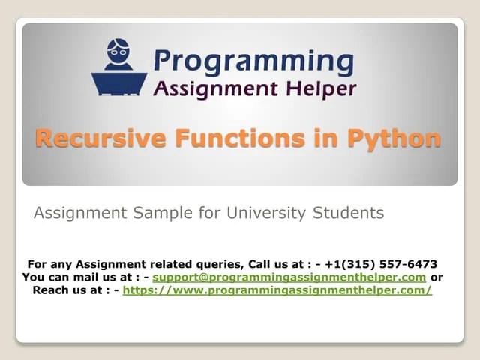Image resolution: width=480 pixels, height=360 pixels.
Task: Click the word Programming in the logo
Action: pyautogui.click(x=254, y=59)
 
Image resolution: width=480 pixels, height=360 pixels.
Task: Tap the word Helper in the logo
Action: pyautogui.click(x=322, y=88)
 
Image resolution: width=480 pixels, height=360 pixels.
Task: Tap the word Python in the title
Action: pyautogui.click(x=393, y=139)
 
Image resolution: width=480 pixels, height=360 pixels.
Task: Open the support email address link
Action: pyautogui.click(x=289, y=277)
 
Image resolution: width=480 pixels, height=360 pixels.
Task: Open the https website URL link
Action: pyautogui.click(x=277, y=289)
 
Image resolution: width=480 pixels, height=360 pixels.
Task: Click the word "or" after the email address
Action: pyautogui.click(x=436, y=277)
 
